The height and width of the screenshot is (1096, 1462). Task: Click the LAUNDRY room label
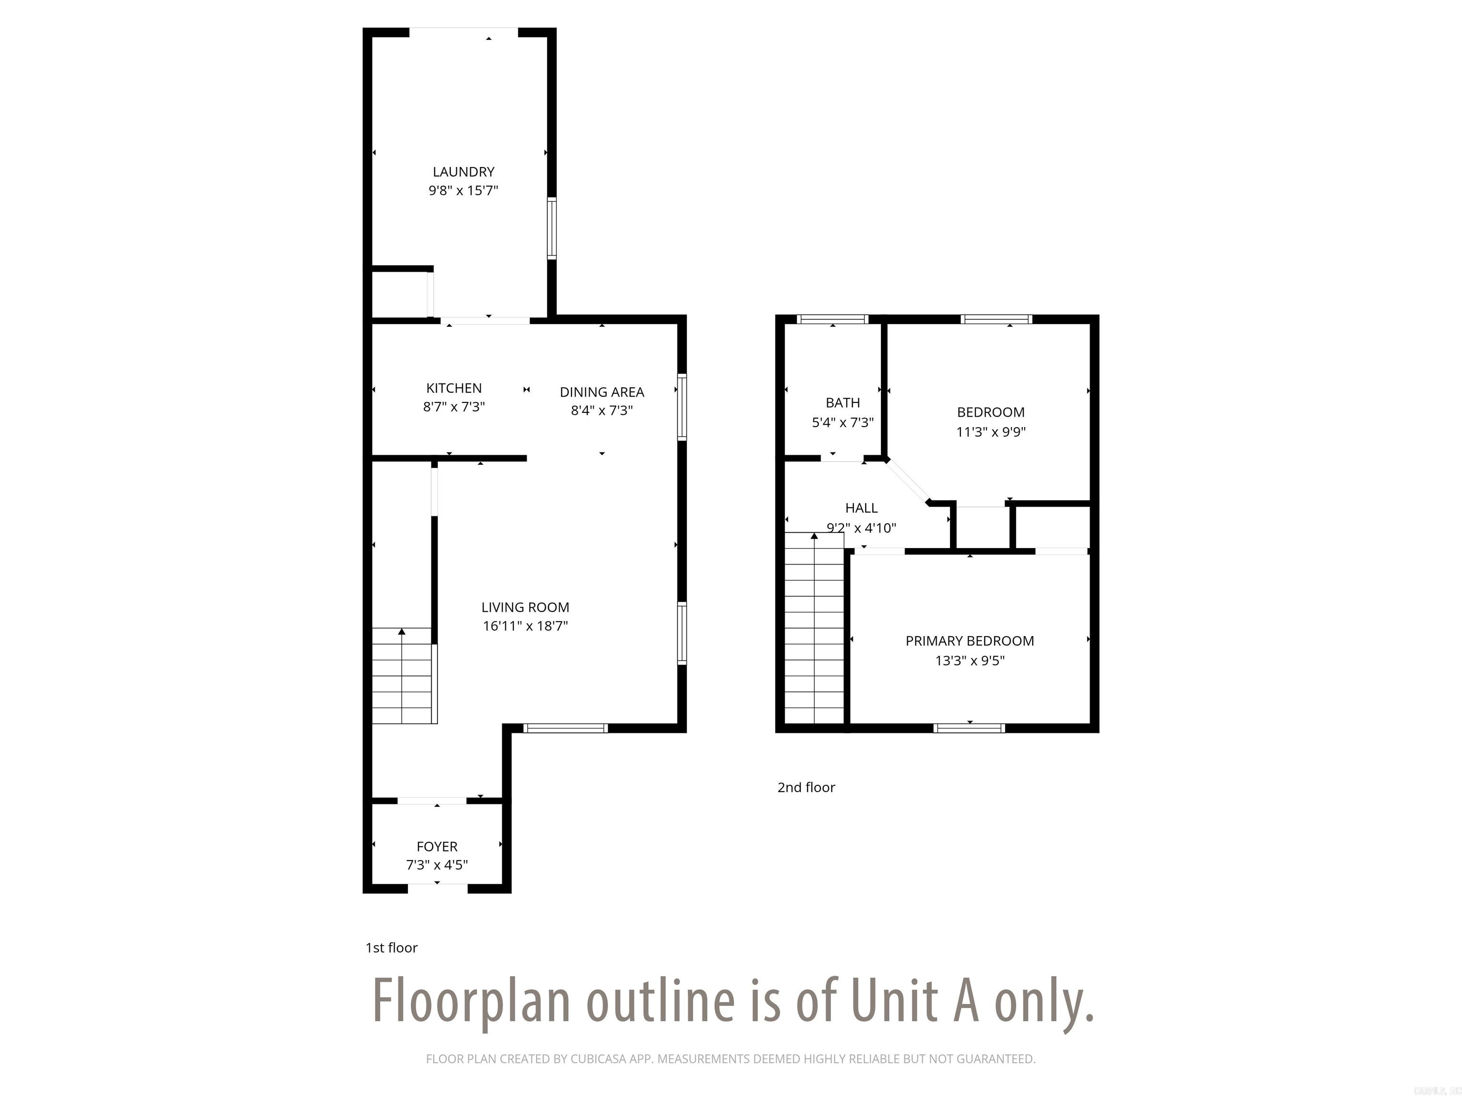pos(464,172)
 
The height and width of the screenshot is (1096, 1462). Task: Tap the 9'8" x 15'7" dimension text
pos(464,191)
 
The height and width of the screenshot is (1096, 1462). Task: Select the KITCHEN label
pos(454,388)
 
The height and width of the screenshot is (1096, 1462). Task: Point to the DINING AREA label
pos(602,392)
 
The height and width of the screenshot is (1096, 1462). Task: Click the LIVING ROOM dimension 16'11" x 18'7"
pos(525,626)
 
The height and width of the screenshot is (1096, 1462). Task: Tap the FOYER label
pos(437,846)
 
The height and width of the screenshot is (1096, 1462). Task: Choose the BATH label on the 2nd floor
pos(843,402)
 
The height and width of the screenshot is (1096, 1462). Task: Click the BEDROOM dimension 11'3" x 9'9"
pos(991,431)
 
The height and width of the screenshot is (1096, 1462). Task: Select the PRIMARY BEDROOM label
pos(969,641)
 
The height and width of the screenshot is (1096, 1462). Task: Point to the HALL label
pos(861,508)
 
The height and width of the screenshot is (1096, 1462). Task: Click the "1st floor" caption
pos(391,948)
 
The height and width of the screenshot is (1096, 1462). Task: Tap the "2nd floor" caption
pos(806,787)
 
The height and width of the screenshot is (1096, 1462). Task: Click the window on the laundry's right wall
pos(551,228)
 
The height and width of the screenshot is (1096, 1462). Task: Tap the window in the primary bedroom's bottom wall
pos(969,728)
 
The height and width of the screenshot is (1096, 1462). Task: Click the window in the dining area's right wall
pos(682,407)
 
